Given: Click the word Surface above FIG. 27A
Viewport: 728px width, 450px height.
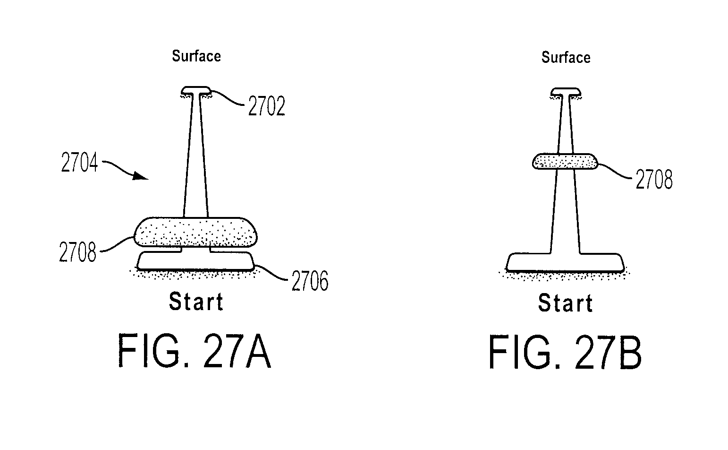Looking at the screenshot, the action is (x=196, y=56).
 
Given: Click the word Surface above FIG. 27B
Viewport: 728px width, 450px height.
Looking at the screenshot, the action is (x=566, y=57).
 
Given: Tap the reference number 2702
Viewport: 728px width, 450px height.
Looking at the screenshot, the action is (x=266, y=106).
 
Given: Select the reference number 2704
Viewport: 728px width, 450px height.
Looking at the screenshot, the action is (x=79, y=162).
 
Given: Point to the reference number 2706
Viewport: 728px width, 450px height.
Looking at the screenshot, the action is (x=310, y=281).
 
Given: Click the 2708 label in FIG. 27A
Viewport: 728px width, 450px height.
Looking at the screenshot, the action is (x=77, y=252).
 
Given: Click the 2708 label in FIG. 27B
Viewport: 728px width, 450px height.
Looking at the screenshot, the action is (x=654, y=179).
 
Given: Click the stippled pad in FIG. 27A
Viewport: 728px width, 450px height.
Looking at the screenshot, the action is (x=195, y=232).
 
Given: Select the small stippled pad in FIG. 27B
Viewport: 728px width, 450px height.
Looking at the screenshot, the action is (x=565, y=161).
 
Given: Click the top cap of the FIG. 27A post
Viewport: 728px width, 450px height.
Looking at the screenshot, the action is (x=195, y=90).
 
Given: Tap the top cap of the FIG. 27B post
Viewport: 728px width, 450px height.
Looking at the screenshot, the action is (x=566, y=92).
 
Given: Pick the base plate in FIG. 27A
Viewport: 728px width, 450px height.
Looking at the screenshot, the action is (x=195, y=261).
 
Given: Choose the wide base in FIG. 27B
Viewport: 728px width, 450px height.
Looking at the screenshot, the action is (x=565, y=262).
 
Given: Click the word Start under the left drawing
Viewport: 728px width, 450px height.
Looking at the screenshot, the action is (x=196, y=302).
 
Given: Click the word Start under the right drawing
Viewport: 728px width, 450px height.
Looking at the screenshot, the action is (x=566, y=303).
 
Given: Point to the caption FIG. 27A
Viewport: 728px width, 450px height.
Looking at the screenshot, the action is (x=194, y=351).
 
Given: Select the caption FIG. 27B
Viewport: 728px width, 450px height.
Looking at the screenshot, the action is (x=565, y=352).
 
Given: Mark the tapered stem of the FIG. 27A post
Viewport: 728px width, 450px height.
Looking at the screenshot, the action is (x=195, y=156).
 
